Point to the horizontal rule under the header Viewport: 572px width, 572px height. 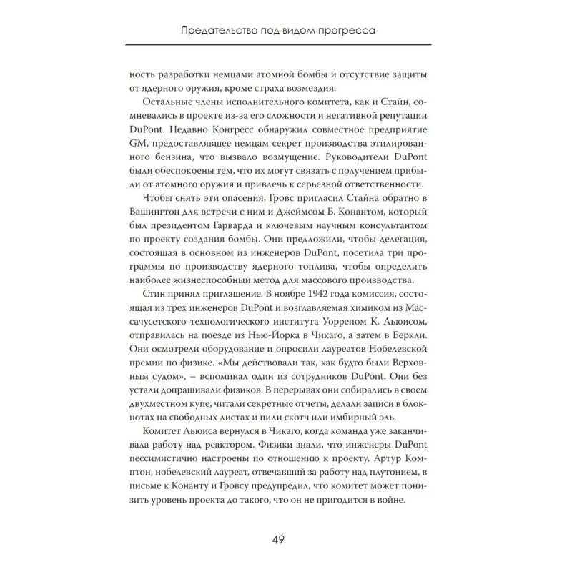click(x=286, y=45)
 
